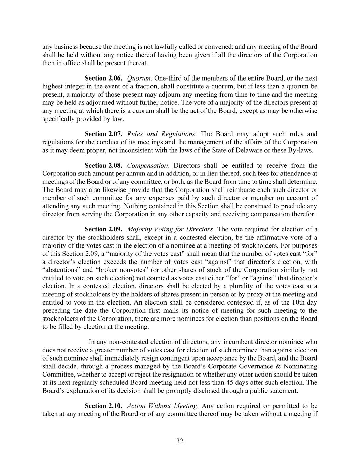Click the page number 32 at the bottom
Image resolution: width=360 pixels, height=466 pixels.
pos(180,441)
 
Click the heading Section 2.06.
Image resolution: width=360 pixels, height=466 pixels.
pos(103,78)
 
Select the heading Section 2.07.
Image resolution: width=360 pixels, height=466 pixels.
pos(103,134)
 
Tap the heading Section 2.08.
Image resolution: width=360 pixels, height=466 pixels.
pos(103,165)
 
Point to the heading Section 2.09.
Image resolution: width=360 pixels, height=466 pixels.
pos(103,229)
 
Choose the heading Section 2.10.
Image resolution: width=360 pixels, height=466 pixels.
pos(103,406)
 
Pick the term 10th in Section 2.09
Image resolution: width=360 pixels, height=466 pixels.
pos(298,302)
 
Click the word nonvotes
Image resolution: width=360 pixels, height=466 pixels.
pos(127,270)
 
